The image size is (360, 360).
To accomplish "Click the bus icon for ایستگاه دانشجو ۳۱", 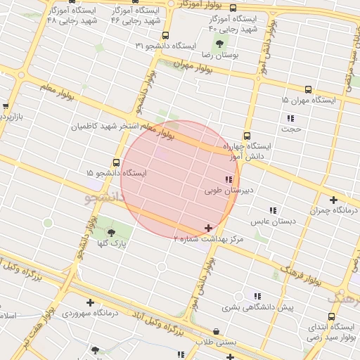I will coord(165,36).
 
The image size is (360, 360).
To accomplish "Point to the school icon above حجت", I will coord(288,118).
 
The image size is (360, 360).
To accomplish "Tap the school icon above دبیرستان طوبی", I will coord(228,179).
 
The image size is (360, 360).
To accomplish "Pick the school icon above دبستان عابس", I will coord(272,210).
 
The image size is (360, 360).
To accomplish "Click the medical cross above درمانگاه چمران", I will coord(333,200).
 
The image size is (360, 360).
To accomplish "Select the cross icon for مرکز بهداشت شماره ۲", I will coord(208,228).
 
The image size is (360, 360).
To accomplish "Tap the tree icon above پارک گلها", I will coord(111,232).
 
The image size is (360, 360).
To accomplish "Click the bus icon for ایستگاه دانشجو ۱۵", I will coord(116,163).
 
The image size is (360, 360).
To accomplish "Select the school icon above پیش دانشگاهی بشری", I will coord(257,296).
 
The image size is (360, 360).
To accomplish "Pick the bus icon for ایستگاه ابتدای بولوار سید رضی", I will coord(331,316).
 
